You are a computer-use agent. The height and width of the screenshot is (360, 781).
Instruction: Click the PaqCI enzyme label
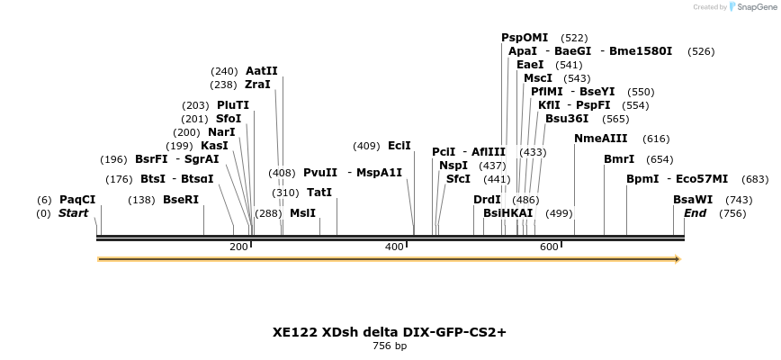77,199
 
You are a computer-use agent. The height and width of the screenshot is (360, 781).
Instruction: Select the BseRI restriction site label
181,200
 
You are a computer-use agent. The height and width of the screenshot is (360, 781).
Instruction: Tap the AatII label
262,71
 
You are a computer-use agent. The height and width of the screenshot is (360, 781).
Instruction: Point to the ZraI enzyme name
257,85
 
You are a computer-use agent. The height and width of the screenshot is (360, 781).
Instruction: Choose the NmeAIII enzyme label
601,139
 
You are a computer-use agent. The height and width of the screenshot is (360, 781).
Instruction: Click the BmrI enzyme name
619,159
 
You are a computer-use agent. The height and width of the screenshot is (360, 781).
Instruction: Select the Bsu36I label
567,119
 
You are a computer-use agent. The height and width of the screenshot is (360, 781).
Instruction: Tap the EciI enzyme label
399,146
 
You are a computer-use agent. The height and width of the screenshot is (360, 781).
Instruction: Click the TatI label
319,193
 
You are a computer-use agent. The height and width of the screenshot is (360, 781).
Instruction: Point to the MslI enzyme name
302,213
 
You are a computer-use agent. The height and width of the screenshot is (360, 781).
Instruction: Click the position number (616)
657,139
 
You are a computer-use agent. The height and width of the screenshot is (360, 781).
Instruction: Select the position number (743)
739,200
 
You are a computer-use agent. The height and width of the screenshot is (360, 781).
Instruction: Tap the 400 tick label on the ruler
395,247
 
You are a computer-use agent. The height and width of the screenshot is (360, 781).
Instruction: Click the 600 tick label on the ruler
549,247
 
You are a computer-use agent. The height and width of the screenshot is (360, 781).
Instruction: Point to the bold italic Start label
74,213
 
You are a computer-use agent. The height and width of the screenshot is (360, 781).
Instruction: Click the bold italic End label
695,213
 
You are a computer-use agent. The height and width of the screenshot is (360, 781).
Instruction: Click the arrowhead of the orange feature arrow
678,259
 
